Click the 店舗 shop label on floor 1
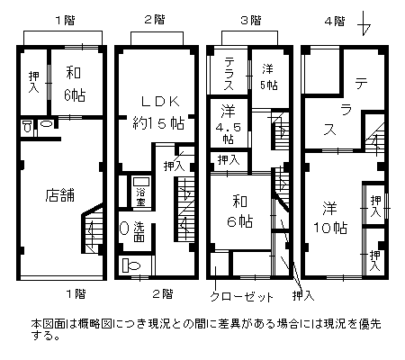[60, 195]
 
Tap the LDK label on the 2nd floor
[160, 102]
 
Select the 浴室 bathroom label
[140, 197]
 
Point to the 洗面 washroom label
[139, 231]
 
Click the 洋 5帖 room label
[268, 77]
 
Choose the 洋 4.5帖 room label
[229, 124]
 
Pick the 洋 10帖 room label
[330, 218]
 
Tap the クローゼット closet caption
[241, 296]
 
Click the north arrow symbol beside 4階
[364, 23]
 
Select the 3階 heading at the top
[251, 21]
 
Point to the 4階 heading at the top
[335, 22]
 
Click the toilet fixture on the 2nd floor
[131, 265]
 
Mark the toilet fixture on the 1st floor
[27, 126]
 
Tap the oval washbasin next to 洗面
[123, 229]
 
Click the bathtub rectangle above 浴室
[141, 182]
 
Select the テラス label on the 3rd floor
[229, 75]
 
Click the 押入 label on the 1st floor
[33, 82]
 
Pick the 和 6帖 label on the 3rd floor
[239, 211]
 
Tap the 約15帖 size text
[158, 123]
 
